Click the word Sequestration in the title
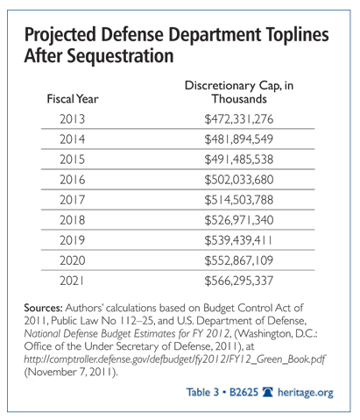pyautogui.click(x=120, y=56)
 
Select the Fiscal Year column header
pyautogui.click(x=73, y=99)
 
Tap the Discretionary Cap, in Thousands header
pyautogui.click(x=239, y=92)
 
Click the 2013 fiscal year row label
pyautogui.click(x=73, y=119)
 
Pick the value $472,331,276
pyautogui.click(x=239, y=119)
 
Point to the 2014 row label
pyautogui.click(x=73, y=139)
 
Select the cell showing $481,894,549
pyautogui.click(x=239, y=139)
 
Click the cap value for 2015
pyautogui.click(x=239, y=160)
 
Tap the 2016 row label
pyautogui.click(x=73, y=180)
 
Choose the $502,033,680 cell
pyautogui.click(x=239, y=180)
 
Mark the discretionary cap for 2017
pyautogui.click(x=239, y=200)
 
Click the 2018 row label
pyautogui.click(x=73, y=220)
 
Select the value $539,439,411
pyautogui.click(x=238, y=240)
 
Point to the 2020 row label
pyautogui.click(x=73, y=260)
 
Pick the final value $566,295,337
pyautogui.click(x=239, y=281)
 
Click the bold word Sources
pyautogui.click(x=43, y=308)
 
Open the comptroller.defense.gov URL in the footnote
pyautogui.click(x=174, y=359)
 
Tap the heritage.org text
pyautogui.click(x=306, y=393)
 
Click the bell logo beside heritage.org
pyautogui.click(x=268, y=392)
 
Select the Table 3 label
pyautogui.click(x=202, y=392)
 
